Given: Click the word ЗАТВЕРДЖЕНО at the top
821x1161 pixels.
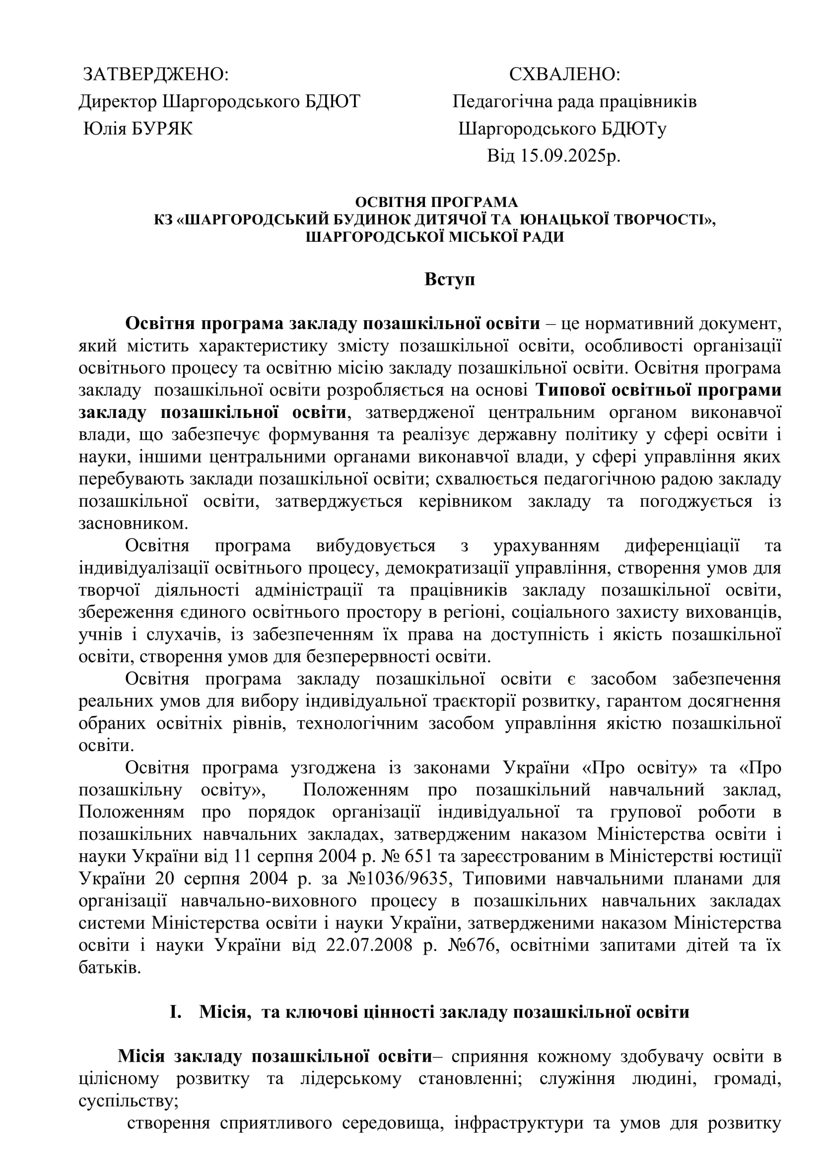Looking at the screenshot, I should coord(155,75).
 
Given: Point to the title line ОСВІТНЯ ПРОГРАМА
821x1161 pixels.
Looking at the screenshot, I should coord(436,202).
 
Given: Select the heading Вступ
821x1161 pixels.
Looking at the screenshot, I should coord(449,279).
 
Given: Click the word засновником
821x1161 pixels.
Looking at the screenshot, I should coord(133,523).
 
